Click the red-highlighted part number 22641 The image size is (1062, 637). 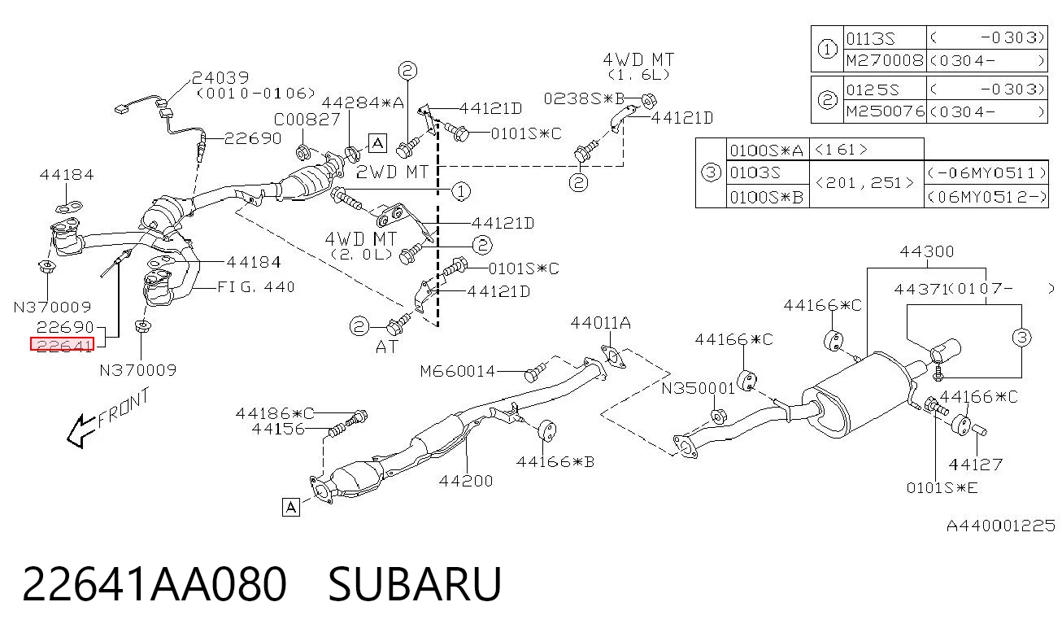62,344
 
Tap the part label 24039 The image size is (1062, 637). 220,77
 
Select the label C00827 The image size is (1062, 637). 307,119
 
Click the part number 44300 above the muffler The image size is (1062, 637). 927,251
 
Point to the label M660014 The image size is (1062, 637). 458,371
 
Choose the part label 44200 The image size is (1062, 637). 466,481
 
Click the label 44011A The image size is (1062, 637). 600,323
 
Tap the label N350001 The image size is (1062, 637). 698,388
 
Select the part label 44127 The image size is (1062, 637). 975,465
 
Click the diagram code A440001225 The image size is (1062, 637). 1000,526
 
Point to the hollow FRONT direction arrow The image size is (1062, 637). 81,431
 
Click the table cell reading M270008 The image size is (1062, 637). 885,60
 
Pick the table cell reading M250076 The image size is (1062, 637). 885,111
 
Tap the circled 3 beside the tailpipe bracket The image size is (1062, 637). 1021,338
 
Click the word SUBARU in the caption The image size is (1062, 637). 415,584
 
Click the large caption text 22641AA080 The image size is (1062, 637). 154,584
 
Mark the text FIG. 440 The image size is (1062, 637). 256,287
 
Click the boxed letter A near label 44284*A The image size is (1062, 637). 377,142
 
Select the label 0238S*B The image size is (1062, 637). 584,98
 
